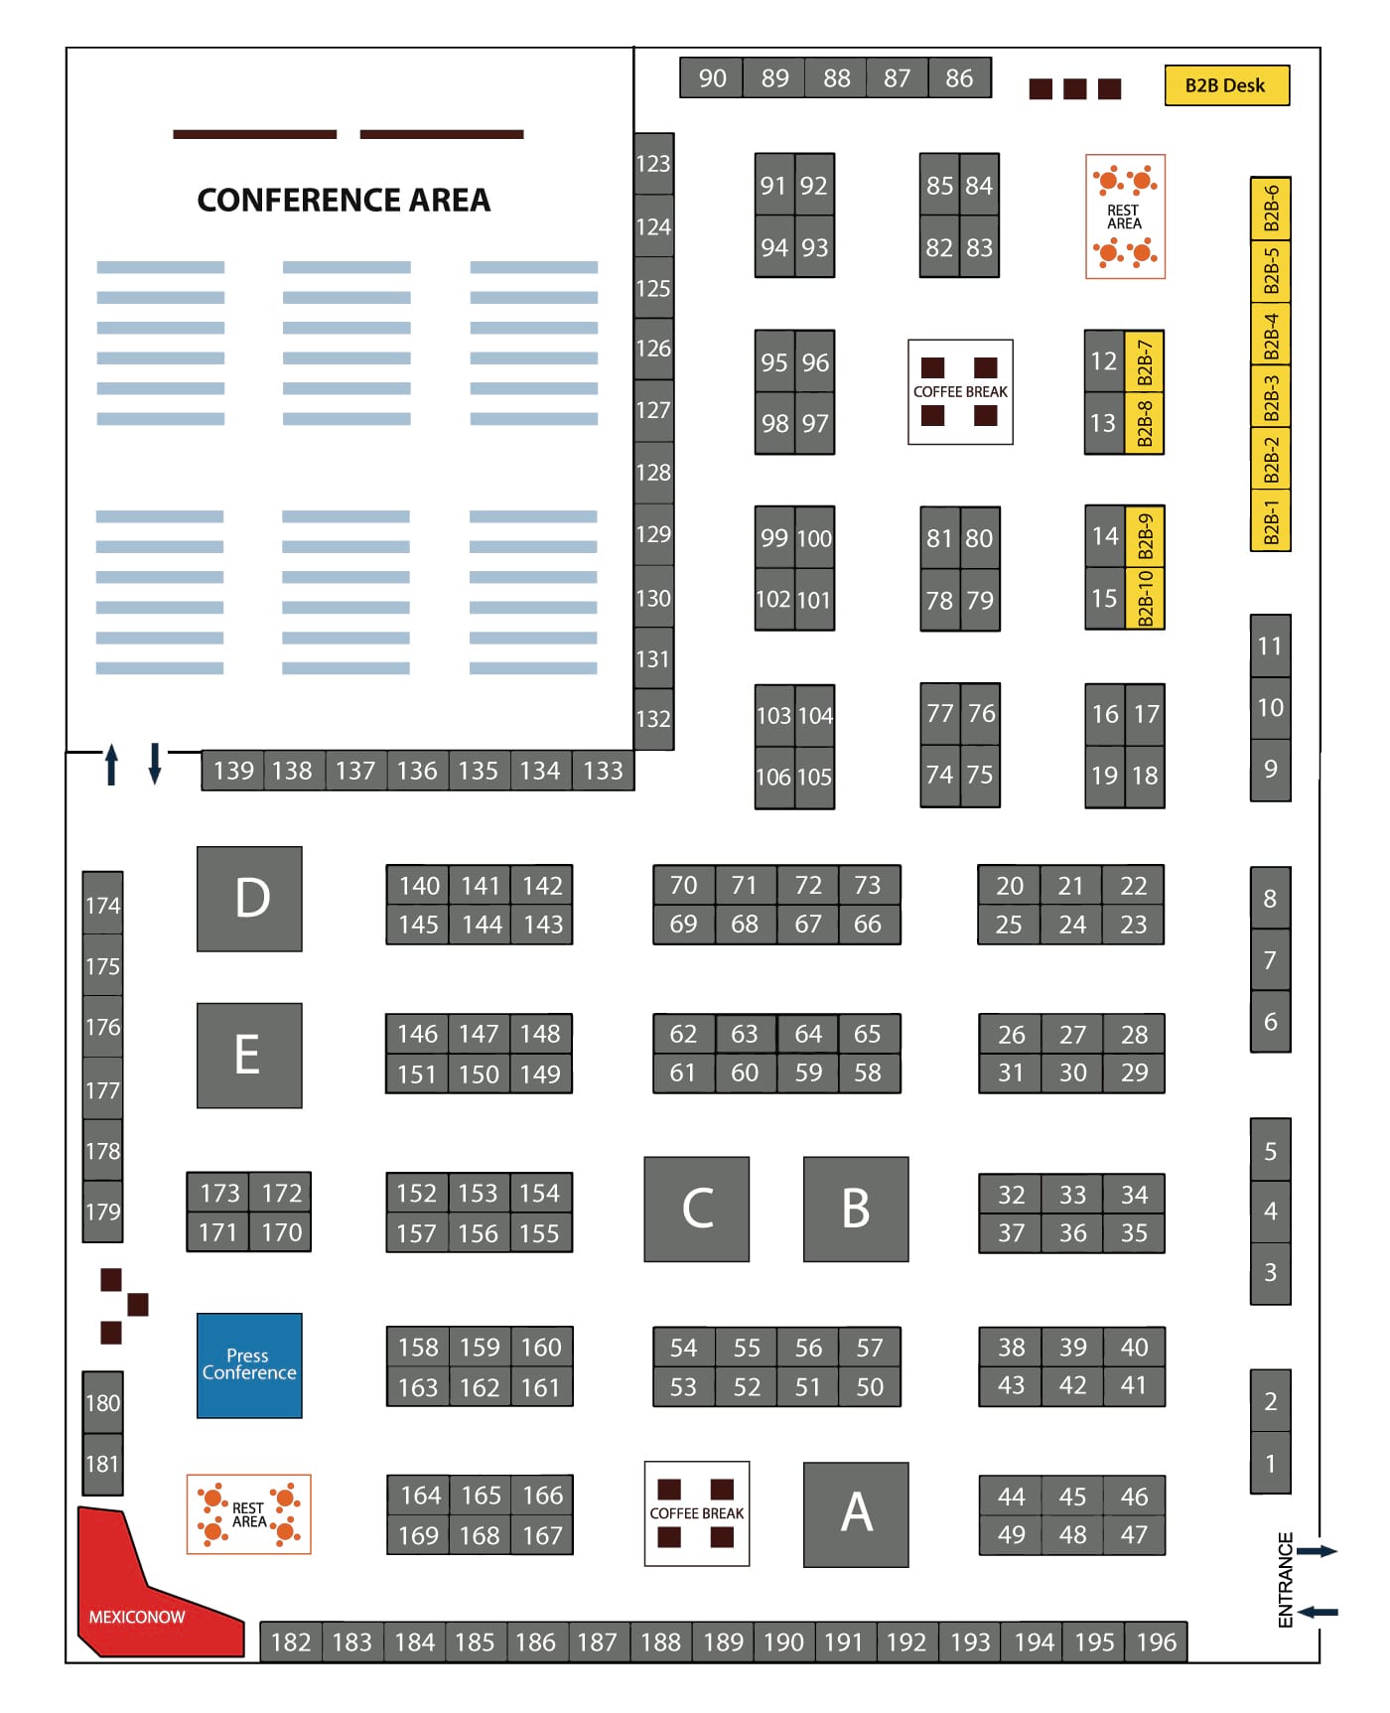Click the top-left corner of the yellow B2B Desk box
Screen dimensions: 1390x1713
[x=1165, y=67]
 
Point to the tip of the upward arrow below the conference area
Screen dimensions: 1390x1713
[x=111, y=744]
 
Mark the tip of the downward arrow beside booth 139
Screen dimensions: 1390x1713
[x=155, y=785]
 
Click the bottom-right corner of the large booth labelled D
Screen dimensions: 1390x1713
[x=302, y=950]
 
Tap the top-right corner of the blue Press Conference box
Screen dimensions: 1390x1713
[x=302, y=1314]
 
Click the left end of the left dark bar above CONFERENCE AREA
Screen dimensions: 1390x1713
[x=174, y=134]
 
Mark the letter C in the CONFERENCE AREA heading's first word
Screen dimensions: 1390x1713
[x=208, y=201]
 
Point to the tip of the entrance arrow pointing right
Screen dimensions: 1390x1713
[x=1338, y=1551]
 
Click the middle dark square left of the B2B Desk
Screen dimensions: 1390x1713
[x=1075, y=89]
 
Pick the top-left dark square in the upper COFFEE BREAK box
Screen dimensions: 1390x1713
[x=933, y=367]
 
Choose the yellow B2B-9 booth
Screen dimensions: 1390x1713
[x=1145, y=537]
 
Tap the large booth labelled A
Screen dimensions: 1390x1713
[x=856, y=1514]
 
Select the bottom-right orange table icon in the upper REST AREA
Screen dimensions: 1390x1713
[x=1142, y=253]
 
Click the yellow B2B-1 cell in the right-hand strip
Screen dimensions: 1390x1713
[x=1270, y=520]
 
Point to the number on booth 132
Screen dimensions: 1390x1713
[x=653, y=719]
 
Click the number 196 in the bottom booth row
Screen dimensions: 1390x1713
[x=1157, y=1642]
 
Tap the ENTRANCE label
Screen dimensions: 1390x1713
[x=1286, y=1580]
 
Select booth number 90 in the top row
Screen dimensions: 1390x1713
[x=713, y=78]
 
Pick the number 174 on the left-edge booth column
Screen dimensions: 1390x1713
[x=102, y=906]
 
